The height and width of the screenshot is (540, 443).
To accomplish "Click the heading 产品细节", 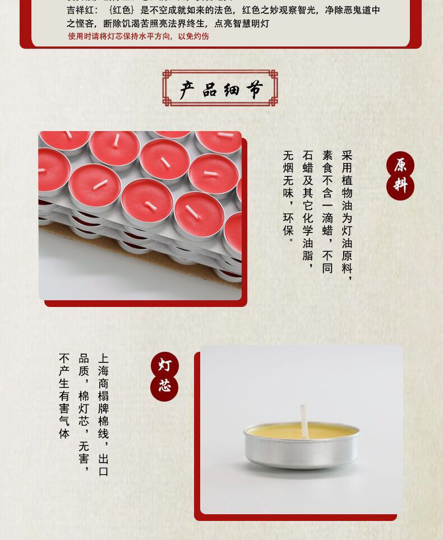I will click(220, 89).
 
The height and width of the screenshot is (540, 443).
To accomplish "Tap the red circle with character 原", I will click(400, 165).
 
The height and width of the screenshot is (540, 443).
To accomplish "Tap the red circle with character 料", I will click(400, 186).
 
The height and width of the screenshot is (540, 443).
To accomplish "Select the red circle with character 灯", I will click(164, 366).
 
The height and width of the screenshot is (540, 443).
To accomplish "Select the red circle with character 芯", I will click(164, 387).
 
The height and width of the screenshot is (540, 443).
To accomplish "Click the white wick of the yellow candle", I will click(303, 420).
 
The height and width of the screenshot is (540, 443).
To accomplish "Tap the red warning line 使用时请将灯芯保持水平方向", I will click(138, 36).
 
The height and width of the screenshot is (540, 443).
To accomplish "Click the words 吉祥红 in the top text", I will click(82, 11).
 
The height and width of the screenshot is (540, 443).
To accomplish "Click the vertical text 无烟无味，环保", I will click(288, 193).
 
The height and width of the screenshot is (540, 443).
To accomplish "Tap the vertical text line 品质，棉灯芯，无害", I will click(84, 412).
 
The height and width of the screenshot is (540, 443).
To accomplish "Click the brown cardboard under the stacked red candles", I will click(62, 230).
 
